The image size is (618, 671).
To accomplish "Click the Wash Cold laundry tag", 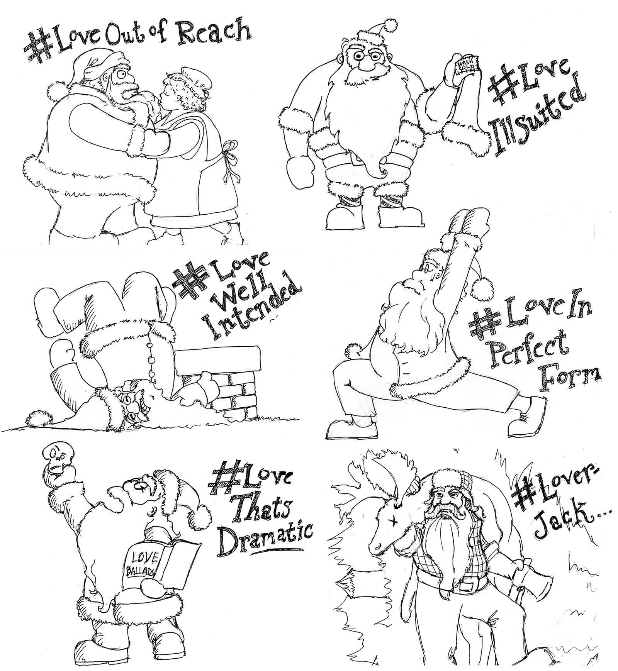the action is (x=466, y=66).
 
